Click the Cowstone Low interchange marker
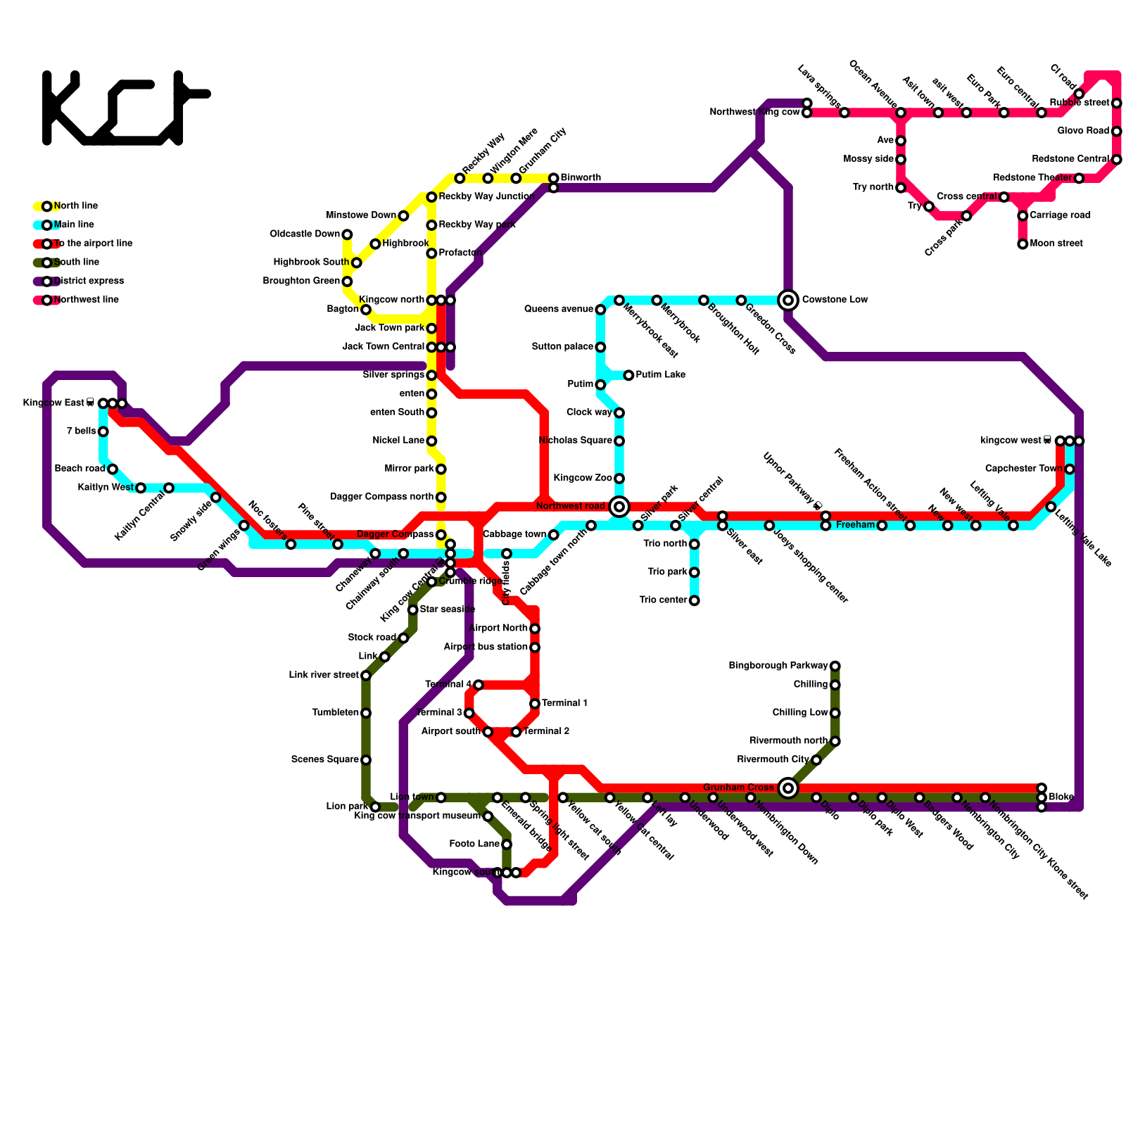(x=788, y=301)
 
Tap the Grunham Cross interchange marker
(x=788, y=788)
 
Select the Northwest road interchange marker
(x=619, y=507)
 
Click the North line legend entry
(x=75, y=206)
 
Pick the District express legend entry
(x=89, y=281)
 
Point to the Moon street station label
(x=1056, y=243)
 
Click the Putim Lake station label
(x=660, y=375)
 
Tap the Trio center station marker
(x=695, y=601)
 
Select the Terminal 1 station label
(x=564, y=704)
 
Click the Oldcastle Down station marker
(x=347, y=234)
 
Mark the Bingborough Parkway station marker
(x=835, y=666)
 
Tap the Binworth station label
(x=581, y=178)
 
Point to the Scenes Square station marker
(x=366, y=760)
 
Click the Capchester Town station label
(x=1023, y=469)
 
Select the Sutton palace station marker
(x=600, y=347)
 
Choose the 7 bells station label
(x=82, y=431)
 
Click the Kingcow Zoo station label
(x=583, y=479)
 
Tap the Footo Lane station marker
(x=507, y=844)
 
